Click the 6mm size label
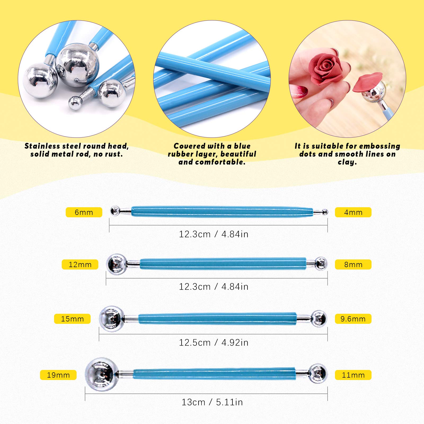[x=84, y=212]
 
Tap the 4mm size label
[x=353, y=212]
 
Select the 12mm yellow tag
[x=80, y=264]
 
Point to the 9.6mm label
[x=353, y=319]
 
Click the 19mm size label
[x=58, y=375]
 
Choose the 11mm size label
[x=353, y=375]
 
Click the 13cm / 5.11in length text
[x=212, y=402]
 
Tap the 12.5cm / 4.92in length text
[x=214, y=342]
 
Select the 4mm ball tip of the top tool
[x=325, y=212]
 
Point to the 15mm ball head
[x=112, y=319]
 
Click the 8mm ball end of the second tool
[x=321, y=264]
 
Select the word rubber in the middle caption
[x=180, y=154]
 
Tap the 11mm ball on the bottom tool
[x=318, y=374]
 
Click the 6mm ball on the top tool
[x=115, y=211]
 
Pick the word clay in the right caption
[x=347, y=162]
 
